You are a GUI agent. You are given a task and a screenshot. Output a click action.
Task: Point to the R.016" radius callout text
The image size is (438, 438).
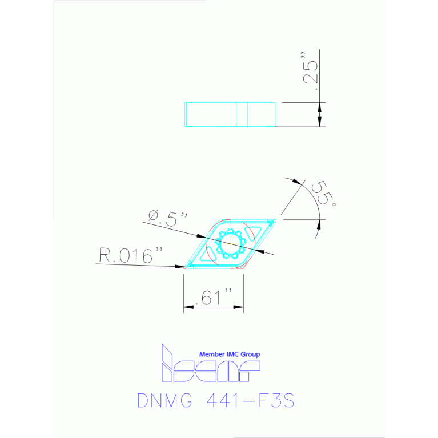pos(127,256)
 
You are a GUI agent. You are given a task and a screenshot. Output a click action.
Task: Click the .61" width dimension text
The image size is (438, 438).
pos(214,296)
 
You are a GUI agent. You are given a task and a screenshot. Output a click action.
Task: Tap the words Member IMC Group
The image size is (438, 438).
pos(229,355)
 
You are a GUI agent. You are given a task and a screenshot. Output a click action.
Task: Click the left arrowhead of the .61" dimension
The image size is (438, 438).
pos(187,308)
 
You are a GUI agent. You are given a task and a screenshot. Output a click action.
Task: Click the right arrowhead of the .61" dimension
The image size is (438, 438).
pos(240,308)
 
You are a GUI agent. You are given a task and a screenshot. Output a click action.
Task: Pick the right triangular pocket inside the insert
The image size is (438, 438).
pos(251,232)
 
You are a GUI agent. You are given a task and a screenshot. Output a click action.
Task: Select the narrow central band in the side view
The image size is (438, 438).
pos(242,114)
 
